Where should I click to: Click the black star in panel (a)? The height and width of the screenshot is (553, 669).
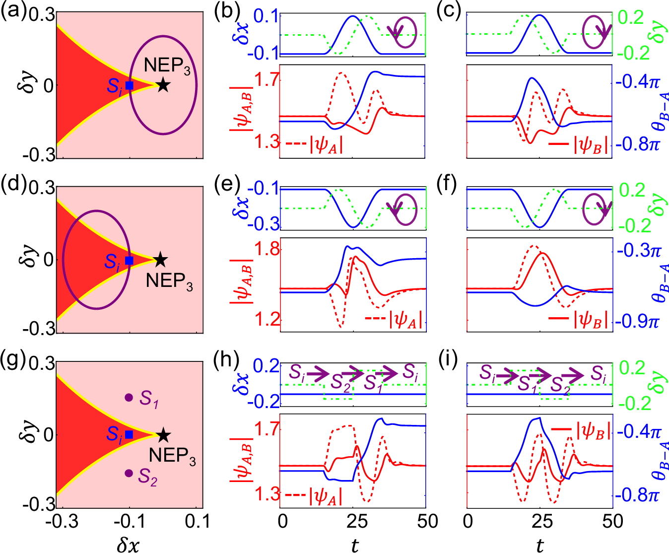(163, 85)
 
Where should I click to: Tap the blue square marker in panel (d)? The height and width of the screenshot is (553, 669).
(129, 260)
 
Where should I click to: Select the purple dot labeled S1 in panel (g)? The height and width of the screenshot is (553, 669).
(129, 397)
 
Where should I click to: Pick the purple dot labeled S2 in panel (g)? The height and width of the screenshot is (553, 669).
(129, 473)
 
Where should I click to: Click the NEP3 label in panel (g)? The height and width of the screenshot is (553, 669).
(172, 456)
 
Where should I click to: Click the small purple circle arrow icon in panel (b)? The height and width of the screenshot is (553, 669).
(405, 33)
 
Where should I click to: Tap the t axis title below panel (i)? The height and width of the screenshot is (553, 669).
(539, 545)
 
